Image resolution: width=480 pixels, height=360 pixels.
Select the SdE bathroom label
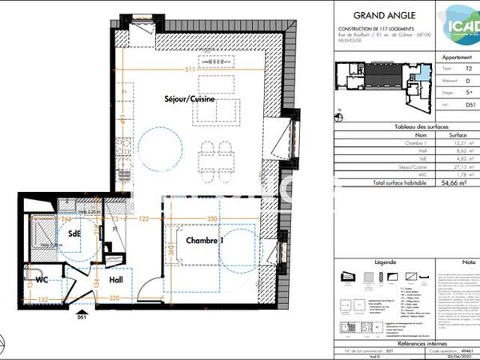pyautogui.click(x=74, y=234)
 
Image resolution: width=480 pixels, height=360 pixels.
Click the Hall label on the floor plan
pyautogui.click(x=116, y=280)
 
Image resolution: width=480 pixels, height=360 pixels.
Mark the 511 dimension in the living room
pyautogui.click(x=190, y=70)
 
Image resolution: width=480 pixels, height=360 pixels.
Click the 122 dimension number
pyautogui.click(x=146, y=218)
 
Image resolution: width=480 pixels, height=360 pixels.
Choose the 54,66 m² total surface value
pyautogui.click(x=453, y=183)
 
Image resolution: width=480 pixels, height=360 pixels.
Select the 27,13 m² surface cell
pyautogui.click(x=453, y=167)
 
